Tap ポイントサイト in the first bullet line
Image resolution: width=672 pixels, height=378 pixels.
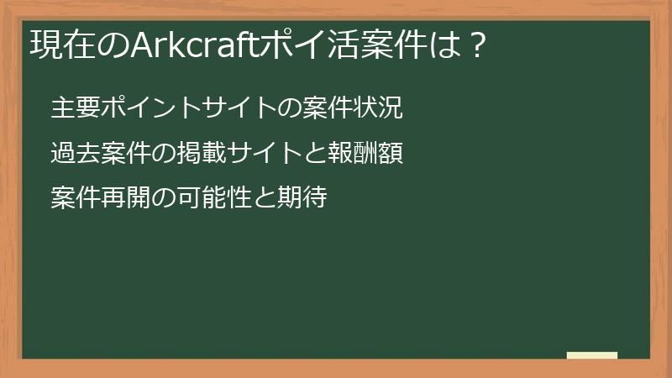158,108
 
